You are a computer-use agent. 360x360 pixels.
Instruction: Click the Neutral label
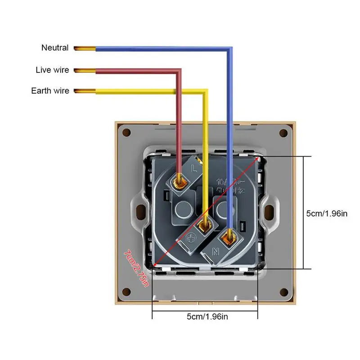coord(55,48)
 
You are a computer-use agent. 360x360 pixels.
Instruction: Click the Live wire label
coord(52,70)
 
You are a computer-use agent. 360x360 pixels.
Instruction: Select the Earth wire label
coord(50,91)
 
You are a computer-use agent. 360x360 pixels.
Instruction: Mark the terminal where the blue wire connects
coord(230,235)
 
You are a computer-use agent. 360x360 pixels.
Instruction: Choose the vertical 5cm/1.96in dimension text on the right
coord(327,213)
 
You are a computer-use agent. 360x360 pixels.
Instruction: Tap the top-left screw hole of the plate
coord(126,133)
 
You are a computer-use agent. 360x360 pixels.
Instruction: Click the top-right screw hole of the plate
coord(283,133)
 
